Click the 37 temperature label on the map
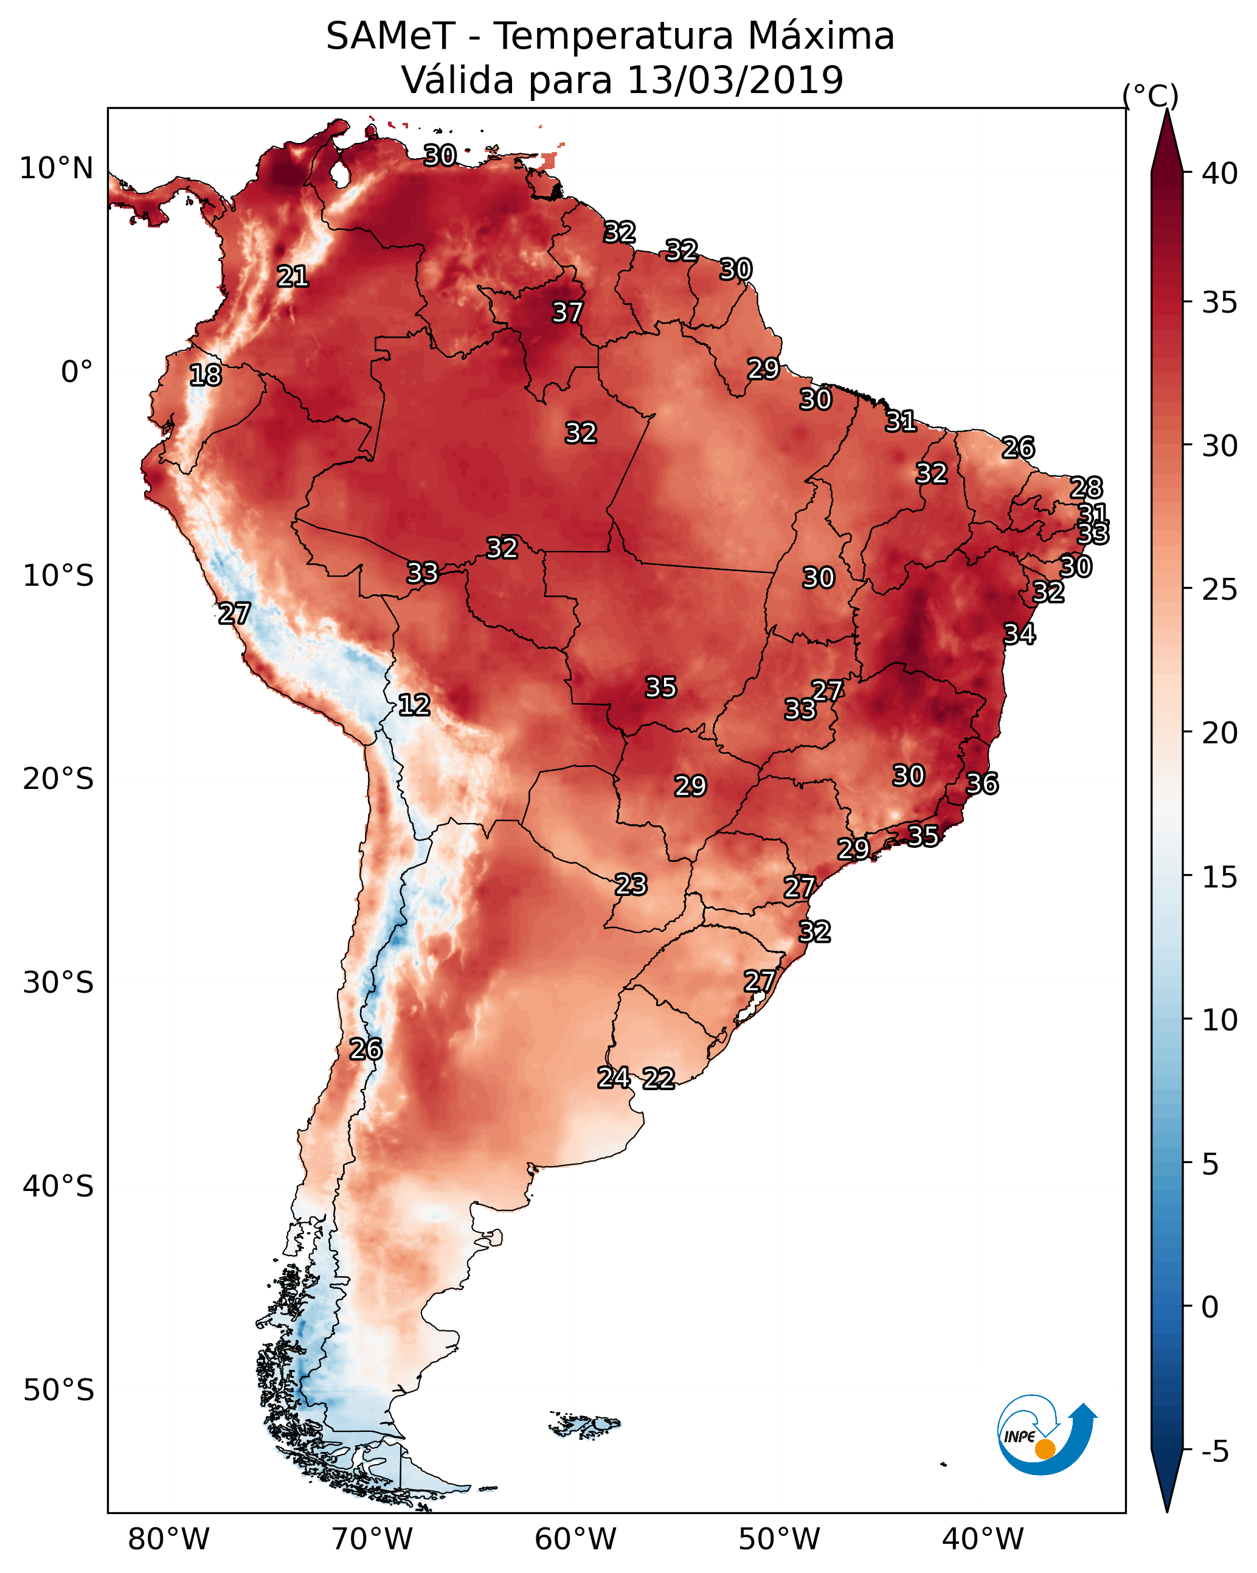567,312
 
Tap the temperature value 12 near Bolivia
414,705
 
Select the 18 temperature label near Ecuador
205,375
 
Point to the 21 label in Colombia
293,277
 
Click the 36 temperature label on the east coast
982,783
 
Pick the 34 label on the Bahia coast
1019,634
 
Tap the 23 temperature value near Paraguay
630,885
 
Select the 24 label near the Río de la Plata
614,1078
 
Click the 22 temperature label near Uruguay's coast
659,1078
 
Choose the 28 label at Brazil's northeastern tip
1086,487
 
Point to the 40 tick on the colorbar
1220,173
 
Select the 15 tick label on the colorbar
1220,878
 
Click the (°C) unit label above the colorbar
1151,95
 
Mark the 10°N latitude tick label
56,168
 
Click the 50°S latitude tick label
58,1390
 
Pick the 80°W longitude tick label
168,1540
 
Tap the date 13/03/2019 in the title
735,80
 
